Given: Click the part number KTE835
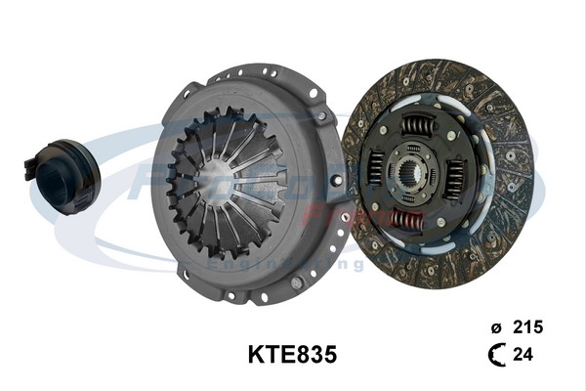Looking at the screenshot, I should point(291,353).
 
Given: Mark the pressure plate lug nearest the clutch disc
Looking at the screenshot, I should point(335,183).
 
